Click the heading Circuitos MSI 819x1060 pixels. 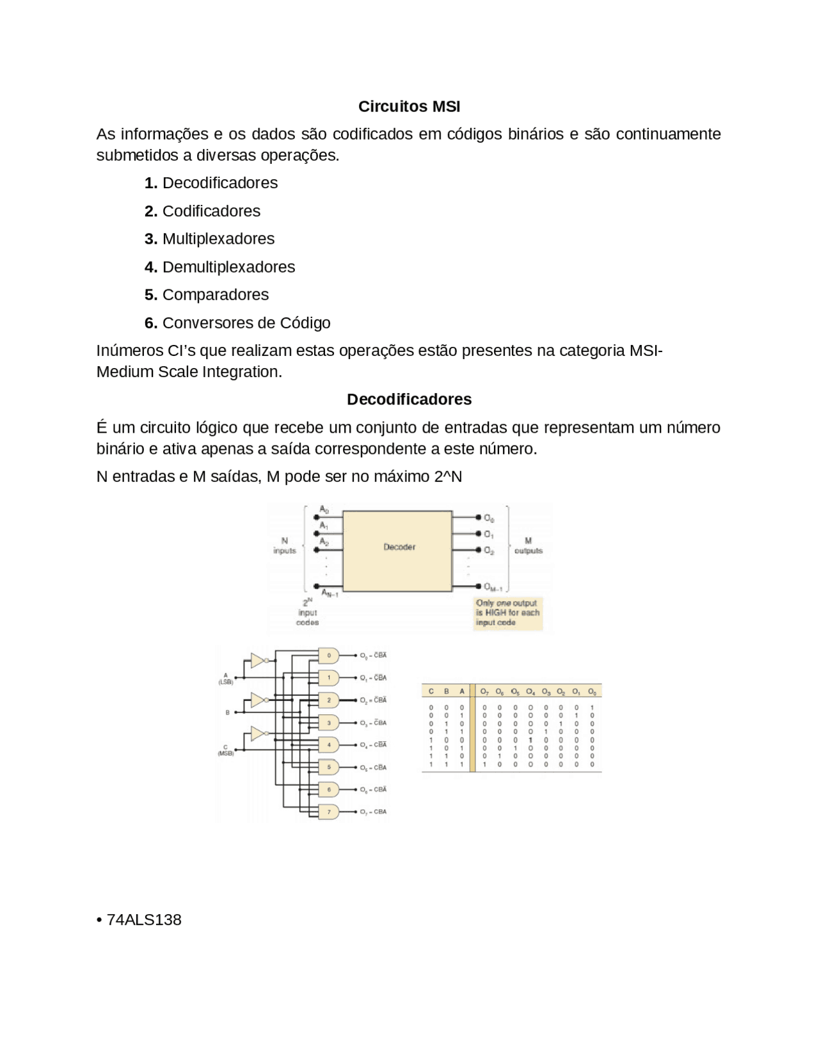pyautogui.click(x=409, y=106)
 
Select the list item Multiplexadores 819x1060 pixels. pyautogui.click(x=218, y=239)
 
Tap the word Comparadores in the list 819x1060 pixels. pyautogui.click(x=216, y=294)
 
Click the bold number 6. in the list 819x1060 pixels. pyautogui.click(x=151, y=323)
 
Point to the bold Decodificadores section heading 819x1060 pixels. pyautogui.click(x=409, y=399)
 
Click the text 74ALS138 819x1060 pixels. pyautogui.click(x=144, y=920)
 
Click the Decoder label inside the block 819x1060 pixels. pyautogui.click(x=399, y=547)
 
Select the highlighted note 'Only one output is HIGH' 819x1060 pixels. pyautogui.click(x=507, y=613)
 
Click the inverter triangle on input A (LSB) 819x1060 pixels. pyautogui.click(x=257, y=661)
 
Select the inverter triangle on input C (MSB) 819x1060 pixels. pyautogui.click(x=257, y=734)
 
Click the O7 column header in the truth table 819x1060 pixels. pyautogui.click(x=484, y=692)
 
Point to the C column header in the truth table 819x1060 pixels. pyautogui.click(x=431, y=692)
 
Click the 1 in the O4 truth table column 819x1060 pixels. pyautogui.click(x=530, y=739)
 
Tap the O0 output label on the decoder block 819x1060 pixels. pyautogui.click(x=489, y=518)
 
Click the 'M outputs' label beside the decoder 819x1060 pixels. pyautogui.click(x=528, y=546)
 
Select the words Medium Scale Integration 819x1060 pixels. pyautogui.click(x=189, y=372)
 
